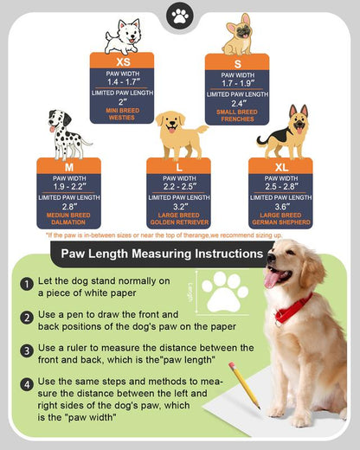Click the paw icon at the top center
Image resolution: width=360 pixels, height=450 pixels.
[x=180, y=16]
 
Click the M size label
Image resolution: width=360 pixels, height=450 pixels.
[x=68, y=165]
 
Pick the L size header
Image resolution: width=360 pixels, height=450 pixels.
[x=178, y=165]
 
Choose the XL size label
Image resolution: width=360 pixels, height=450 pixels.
[x=280, y=165]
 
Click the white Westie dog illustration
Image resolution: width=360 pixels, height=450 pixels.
[x=122, y=35]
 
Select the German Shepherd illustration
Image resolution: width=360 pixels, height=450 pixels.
[x=283, y=134]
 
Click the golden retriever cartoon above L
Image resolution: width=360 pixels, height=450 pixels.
[x=181, y=134]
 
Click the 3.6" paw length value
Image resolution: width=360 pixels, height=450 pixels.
[x=280, y=208]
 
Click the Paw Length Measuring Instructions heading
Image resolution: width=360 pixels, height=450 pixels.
[x=156, y=254]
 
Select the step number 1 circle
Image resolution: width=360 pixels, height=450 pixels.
[x=28, y=283]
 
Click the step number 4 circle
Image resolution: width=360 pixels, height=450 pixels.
[x=28, y=383]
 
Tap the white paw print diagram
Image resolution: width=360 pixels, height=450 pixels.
[x=222, y=292]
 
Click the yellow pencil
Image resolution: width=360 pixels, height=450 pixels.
[x=243, y=385]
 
